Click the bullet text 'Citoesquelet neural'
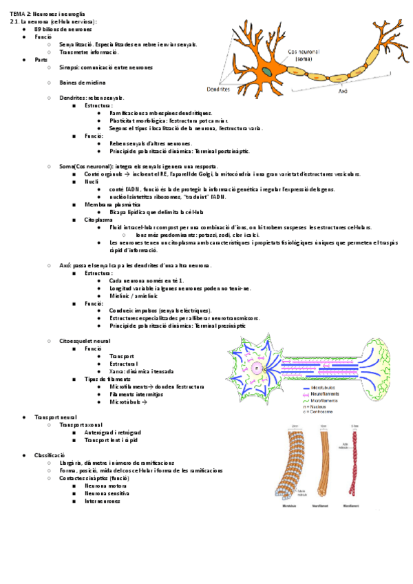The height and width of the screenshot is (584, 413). coord(85,341)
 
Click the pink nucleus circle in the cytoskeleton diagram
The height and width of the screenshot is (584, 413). coord(257,368)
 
